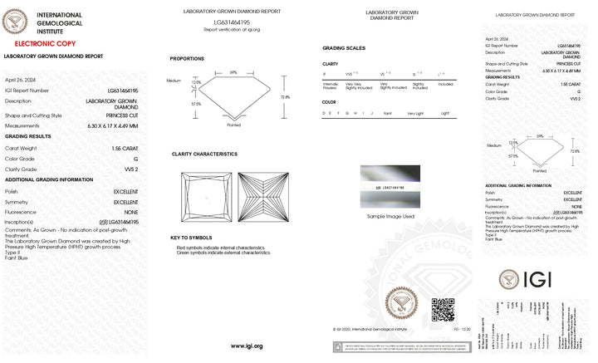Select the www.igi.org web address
coord(247,346)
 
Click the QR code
coord(443,309)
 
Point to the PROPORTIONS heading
coord(187,59)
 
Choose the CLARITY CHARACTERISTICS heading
coord(204,154)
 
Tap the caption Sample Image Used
coord(390,216)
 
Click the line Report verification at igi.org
coord(231,29)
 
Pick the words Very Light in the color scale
coord(414,112)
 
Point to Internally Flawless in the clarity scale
coord(331,86)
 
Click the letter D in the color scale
coord(324,112)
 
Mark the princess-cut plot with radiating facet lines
coord(262,197)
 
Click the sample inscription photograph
coord(390,187)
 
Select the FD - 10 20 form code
coord(461,330)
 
